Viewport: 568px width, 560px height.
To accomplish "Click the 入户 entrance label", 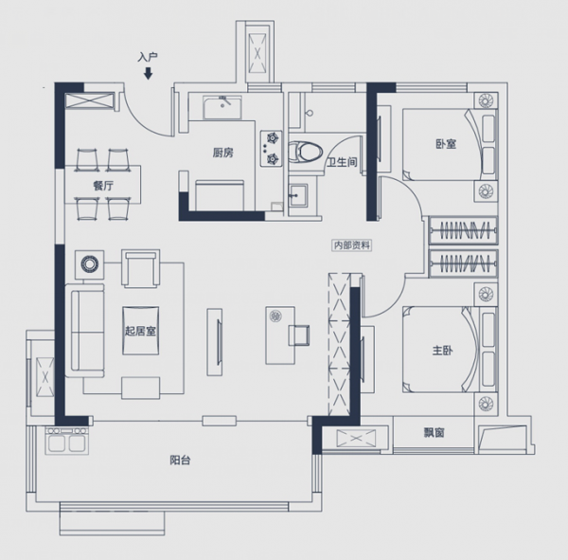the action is (x=148, y=57).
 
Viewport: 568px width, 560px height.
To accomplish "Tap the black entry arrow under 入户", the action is (x=148, y=73).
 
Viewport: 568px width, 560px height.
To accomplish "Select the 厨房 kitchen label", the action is (x=222, y=153).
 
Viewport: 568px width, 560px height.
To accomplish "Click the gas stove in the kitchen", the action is (x=271, y=149).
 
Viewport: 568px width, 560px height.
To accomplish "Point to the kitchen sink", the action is (x=222, y=107).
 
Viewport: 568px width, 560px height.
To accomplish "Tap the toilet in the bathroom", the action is (x=305, y=152).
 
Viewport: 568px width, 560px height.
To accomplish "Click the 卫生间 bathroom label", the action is (x=342, y=162).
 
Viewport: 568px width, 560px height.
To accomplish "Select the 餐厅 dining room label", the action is (x=103, y=186).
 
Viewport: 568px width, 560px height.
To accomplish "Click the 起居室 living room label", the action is (x=140, y=331).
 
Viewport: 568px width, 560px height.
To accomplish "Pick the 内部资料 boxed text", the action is (x=352, y=245).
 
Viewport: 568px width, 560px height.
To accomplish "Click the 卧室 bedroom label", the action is (x=446, y=144).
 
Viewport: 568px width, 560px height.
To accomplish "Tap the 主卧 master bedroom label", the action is (x=442, y=351).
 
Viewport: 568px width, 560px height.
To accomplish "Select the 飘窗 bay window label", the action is (x=434, y=432).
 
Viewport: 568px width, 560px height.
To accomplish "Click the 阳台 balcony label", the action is (x=180, y=461).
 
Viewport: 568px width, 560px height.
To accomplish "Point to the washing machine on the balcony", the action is (x=67, y=441).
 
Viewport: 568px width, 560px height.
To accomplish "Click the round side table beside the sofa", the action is (x=90, y=264).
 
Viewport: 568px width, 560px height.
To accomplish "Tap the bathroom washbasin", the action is (x=298, y=195).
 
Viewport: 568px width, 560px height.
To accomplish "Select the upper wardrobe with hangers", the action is (x=463, y=230).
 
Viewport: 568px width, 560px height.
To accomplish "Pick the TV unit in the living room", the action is (x=215, y=342).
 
